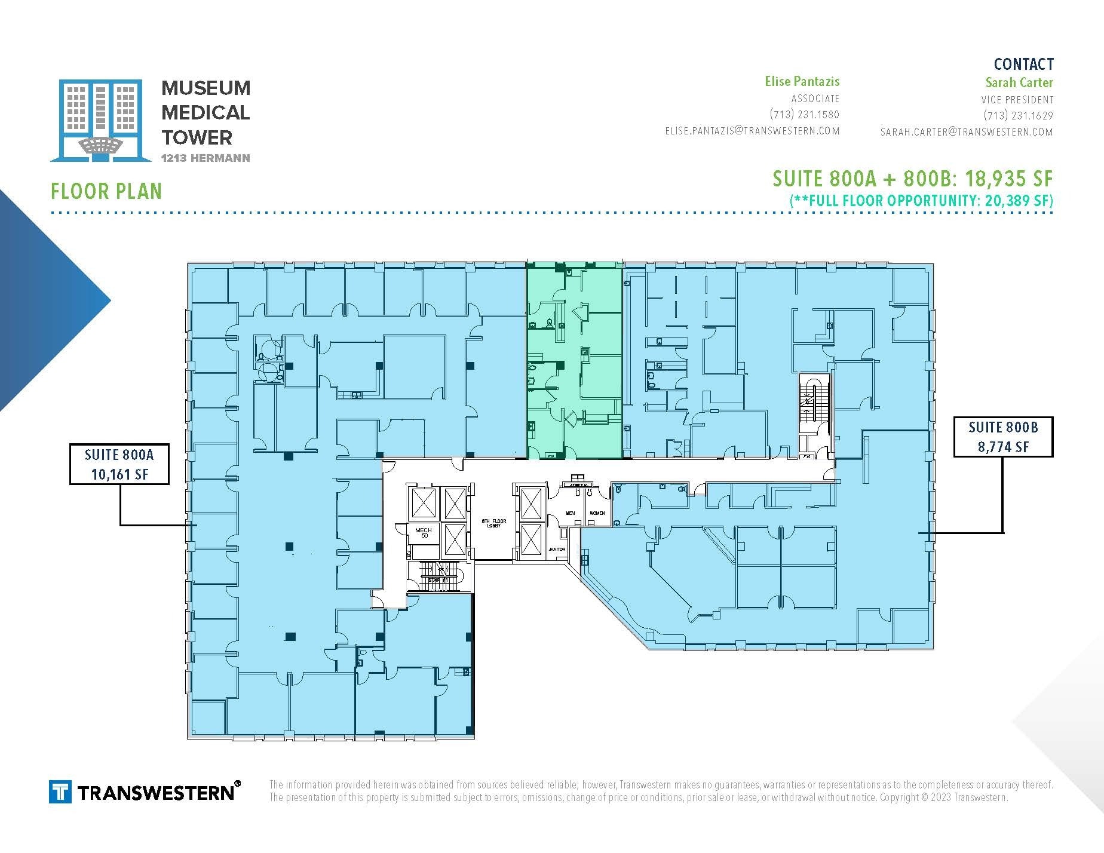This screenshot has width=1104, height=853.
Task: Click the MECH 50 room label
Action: tap(423, 533)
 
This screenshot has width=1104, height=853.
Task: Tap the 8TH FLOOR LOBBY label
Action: tap(494, 523)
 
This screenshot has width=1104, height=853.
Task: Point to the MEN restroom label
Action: tap(571, 513)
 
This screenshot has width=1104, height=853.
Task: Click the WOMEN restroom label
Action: tap(597, 513)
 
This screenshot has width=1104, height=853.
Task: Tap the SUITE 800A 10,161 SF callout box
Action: tap(119, 464)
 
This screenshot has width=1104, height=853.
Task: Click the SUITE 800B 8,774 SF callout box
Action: tap(1003, 437)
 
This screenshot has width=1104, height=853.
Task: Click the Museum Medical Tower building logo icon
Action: tap(100, 120)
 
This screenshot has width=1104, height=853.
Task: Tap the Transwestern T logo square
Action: tap(60, 792)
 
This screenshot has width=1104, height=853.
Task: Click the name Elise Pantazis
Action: tap(802, 81)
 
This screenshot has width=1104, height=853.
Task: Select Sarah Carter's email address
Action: tap(966, 132)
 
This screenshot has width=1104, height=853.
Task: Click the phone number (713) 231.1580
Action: tap(804, 115)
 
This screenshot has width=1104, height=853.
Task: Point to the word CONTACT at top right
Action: tap(1023, 64)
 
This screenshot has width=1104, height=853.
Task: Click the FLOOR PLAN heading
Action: tap(106, 192)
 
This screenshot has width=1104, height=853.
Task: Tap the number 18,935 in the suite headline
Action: tap(993, 179)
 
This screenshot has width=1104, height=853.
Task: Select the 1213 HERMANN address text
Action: tap(206, 158)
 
